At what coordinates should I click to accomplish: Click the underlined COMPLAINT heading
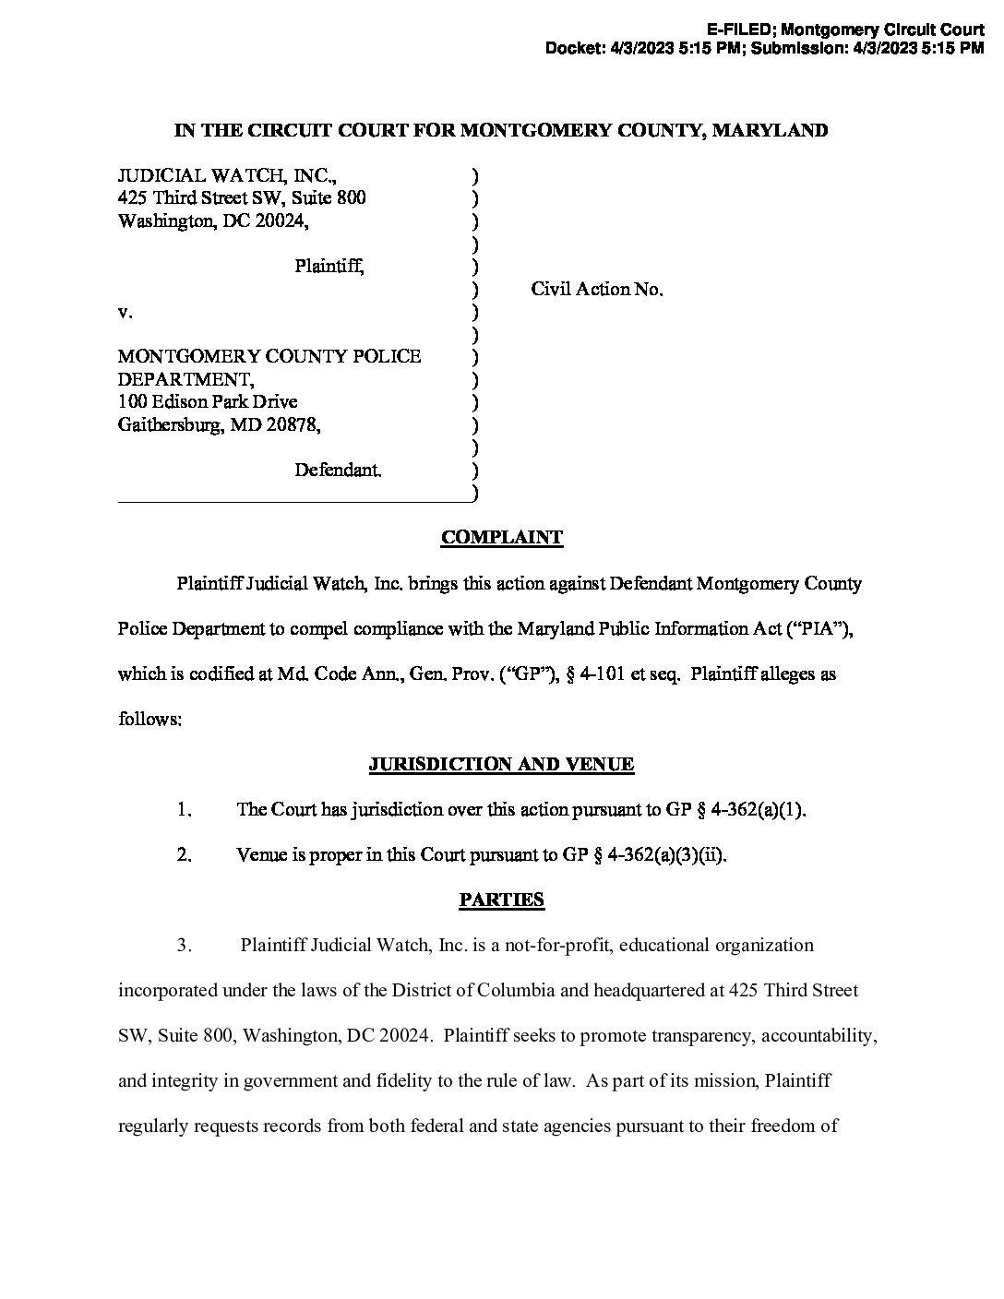[x=501, y=538]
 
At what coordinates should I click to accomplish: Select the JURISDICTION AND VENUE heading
[x=501, y=765]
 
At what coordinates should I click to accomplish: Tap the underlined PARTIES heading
[x=501, y=900]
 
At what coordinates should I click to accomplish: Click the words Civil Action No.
[x=596, y=290]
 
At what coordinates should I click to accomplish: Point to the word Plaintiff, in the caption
[x=329, y=267]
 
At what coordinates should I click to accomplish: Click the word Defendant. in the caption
[x=338, y=471]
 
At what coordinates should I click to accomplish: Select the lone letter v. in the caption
[x=125, y=313]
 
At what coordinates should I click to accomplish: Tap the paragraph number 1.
[x=185, y=810]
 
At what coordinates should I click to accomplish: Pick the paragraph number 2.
[x=185, y=855]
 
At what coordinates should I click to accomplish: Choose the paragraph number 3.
[x=185, y=946]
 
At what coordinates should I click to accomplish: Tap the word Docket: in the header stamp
[x=575, y=49]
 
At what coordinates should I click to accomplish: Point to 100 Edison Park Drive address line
[x=208, y=402]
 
